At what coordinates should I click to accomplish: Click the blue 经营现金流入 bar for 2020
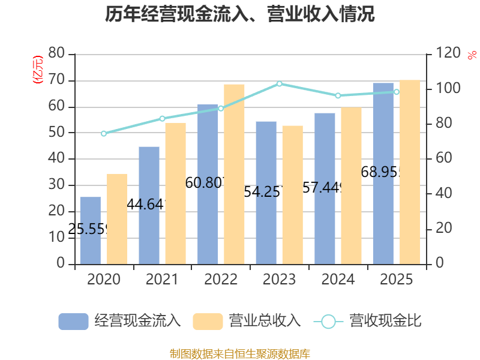click(91, 230)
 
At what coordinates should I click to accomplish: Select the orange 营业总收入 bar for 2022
click(235, 174)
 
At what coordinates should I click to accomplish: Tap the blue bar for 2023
click(266, 193)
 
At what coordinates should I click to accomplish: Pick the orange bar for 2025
click(410, 172)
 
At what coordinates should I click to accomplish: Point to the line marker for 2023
click(280, 84)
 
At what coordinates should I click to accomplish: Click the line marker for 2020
click(104, 133)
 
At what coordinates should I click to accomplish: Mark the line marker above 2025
click(397, 92)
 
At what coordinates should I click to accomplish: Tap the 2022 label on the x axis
click(221, 280)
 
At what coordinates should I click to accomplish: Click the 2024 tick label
click(338, 280)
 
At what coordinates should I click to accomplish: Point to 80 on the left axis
click(56, 54)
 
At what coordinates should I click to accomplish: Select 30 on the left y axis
click(56, 185)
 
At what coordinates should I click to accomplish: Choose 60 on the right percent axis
click(442, 159)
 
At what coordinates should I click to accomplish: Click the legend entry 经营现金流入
click(120, 321)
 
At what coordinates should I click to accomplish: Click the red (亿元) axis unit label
click(38, 69)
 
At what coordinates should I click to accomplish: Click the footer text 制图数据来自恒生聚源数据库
click(240, 353)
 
